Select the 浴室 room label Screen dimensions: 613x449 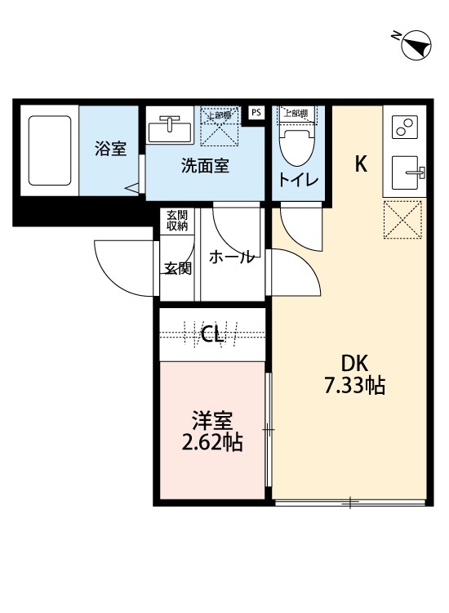click(110, 150)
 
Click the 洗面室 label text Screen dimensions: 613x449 click(204, 166)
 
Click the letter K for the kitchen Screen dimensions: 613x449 click(360, 163)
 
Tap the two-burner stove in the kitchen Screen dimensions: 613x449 click(405, 127)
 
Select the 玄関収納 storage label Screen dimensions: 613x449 click(177, 221)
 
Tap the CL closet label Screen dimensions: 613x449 click(213, 333)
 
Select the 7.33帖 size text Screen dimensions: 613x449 click(354, 385)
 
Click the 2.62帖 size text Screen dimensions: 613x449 click(213, 444)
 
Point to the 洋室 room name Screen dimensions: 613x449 click(213, 422)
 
